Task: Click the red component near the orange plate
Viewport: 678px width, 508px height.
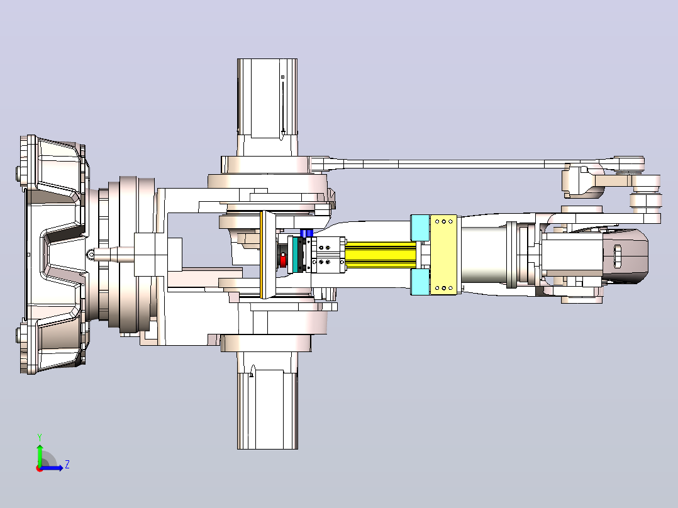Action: coord(283,261)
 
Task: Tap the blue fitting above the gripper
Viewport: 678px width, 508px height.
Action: coord(306,233)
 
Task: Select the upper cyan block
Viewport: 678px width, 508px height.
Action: coord(420,228)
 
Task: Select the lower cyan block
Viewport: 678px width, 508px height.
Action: coord(420,282)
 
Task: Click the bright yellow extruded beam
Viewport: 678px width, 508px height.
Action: coord(381,255)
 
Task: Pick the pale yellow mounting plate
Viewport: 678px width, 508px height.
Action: coord(443,255)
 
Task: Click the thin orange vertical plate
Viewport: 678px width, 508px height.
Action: coord(261,255)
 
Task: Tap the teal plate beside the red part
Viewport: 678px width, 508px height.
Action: coord(296,255)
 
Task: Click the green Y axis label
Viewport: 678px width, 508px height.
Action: coord(40,437)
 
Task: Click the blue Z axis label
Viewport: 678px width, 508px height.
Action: coord(67,465)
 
